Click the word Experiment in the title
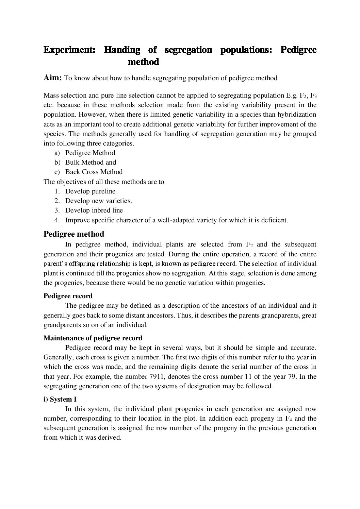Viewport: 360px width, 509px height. (x=69, y=50)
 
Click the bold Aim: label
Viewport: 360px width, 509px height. (x=52, y=78)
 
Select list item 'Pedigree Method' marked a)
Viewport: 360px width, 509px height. (x=90, y=153)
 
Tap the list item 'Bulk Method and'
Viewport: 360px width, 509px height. (x=91, y=163)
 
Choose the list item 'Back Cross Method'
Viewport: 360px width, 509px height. (x=94, y=172)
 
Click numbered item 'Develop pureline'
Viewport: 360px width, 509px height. (x=90, y=191)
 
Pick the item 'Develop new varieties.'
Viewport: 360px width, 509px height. (x=98, y=201)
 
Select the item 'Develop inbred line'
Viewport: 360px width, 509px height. (x=94, y=210)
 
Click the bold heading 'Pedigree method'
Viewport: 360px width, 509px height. (x=74, y=234)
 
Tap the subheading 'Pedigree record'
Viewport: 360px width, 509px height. (x=68, y=296)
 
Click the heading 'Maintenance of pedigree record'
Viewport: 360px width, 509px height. (x=93, y=338)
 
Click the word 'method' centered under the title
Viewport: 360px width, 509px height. (x=143, y=62)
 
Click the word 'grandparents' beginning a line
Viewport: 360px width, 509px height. (x=61, y=325)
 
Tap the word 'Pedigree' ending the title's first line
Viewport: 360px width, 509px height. (x=298, y=50)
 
